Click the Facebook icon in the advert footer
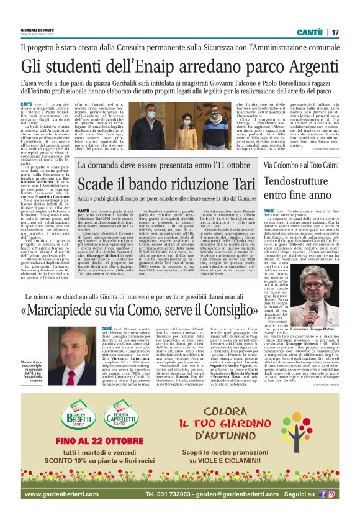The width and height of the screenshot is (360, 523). click(x=322, y=494)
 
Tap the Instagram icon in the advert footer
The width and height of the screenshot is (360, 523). click(x=331, y=494)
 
